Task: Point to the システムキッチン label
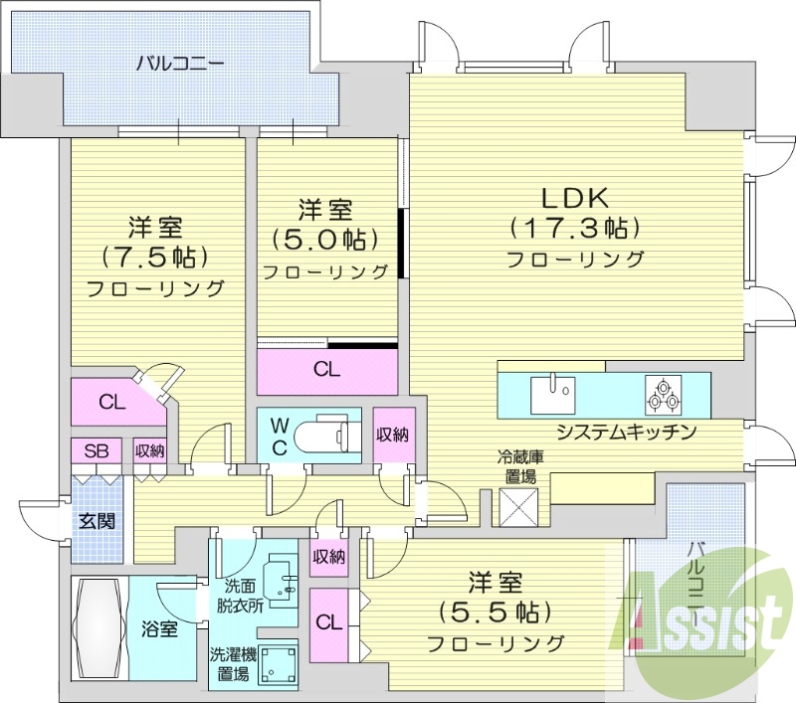[x=625, y=432]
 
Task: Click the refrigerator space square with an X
[x=518, y=508]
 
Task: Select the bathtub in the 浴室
[x=98, y=627]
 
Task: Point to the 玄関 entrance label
[x=98, y=521]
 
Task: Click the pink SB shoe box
[x=96, y=451]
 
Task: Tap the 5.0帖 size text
[x=325, y=240]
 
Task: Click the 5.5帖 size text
[x=495, y=611]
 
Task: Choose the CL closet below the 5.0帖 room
[x=326, y=370]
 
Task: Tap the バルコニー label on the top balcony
[x=180, y=65]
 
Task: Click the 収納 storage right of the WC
[x=392, y=435]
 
